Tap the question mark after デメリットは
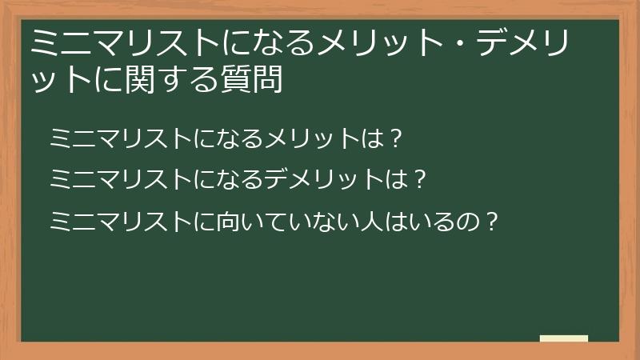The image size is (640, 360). point(416,178)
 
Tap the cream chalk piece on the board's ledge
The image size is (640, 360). point(563,338)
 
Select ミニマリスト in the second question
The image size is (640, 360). point(119,178)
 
